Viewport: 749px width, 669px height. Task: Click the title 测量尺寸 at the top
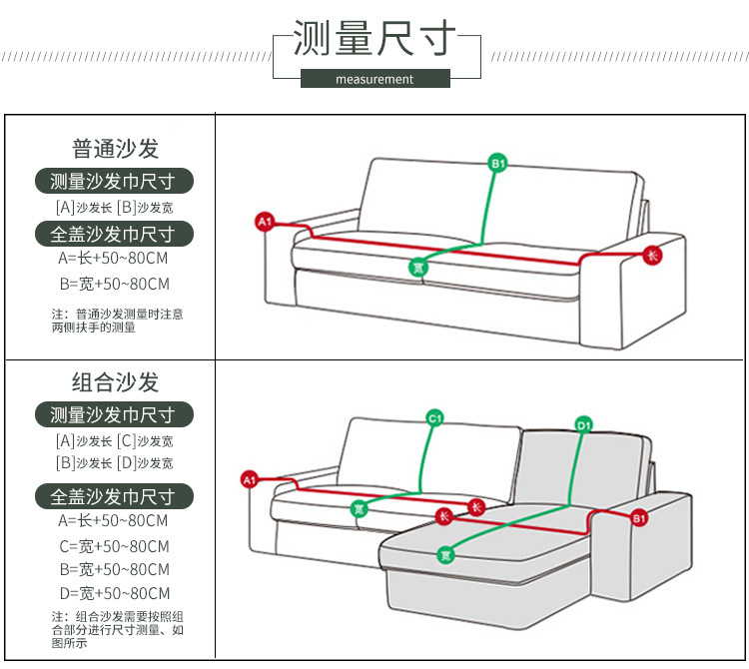click(374, 40)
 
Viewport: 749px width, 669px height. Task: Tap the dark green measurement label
click(374, 79)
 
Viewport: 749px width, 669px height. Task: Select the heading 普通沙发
click(115, 149)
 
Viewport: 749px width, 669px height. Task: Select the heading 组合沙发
click(115, 382)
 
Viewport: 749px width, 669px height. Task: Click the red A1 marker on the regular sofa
click(265, 222)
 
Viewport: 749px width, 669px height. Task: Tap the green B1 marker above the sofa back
click(497, 162)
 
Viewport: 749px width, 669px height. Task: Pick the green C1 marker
click(434, 418)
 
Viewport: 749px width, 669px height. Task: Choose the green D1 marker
click(584, 426)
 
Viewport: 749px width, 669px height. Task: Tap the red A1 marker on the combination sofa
click(250, 480)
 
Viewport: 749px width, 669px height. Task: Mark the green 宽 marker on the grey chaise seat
click(446, 555)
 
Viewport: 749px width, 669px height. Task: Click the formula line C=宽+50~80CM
click(114, 546)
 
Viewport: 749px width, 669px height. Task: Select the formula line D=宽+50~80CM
click(114, 594)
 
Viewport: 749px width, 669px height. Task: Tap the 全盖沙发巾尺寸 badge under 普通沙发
click(113, 235)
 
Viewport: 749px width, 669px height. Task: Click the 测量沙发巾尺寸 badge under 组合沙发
click(113, 414)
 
